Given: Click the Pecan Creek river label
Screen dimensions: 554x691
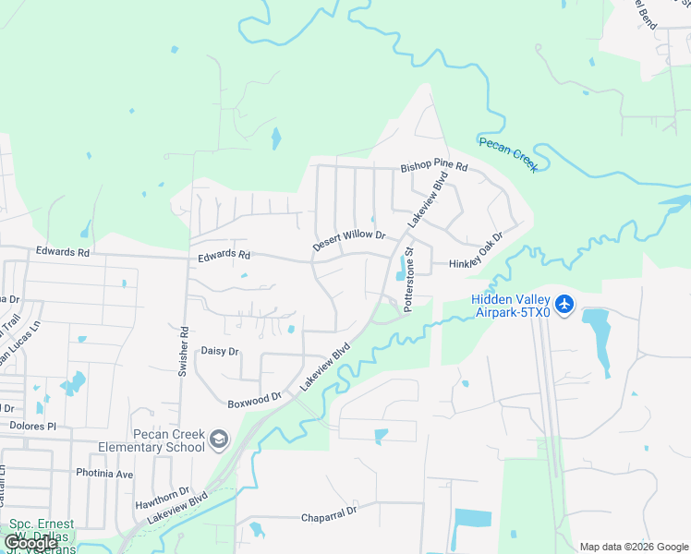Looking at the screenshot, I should (x=507, y=153).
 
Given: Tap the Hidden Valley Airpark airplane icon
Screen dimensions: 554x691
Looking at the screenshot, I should (x=565, y=303).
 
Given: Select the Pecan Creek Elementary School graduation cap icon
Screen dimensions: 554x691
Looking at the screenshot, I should (x=218, y=439).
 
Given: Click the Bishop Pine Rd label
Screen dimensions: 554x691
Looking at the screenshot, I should (x=434, y=168).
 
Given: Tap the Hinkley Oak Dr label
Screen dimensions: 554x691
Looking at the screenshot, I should (x=476, y=251).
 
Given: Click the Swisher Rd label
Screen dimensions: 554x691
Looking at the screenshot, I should (x=183, y=351).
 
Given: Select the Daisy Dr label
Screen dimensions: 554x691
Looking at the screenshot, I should (x=220, y=352).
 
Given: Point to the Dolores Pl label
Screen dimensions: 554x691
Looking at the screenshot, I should (x=33, y=427).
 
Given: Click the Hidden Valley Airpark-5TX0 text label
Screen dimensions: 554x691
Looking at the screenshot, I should (x=511, y=306).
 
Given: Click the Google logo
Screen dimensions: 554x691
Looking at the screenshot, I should (x=30, y=542).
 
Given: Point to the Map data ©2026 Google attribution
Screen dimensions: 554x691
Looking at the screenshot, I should (x=634, y=547).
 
